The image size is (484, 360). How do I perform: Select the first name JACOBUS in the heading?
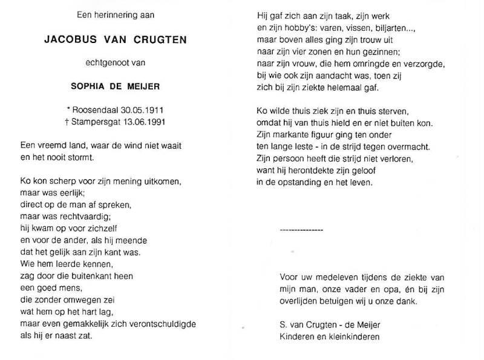tap(68, 41)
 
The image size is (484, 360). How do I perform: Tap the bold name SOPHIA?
tap(90, 86)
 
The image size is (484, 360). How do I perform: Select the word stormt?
tap(83, 159)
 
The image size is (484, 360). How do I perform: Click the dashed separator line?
tap(302, 230)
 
